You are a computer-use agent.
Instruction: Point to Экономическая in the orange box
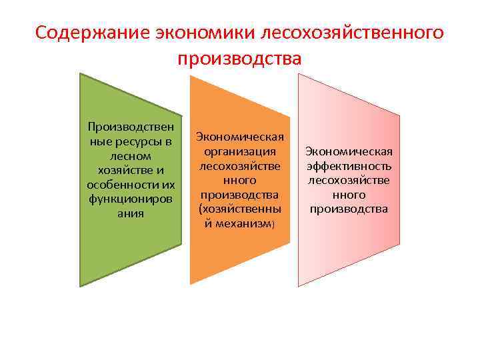point(239,137)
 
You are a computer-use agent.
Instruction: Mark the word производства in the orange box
point(239,195)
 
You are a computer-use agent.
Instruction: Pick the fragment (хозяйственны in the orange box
point(239,209)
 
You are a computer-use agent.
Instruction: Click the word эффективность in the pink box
point(349,166)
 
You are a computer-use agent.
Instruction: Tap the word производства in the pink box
point(349,209)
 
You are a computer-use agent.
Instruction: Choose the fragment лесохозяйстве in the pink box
point(349,180)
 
